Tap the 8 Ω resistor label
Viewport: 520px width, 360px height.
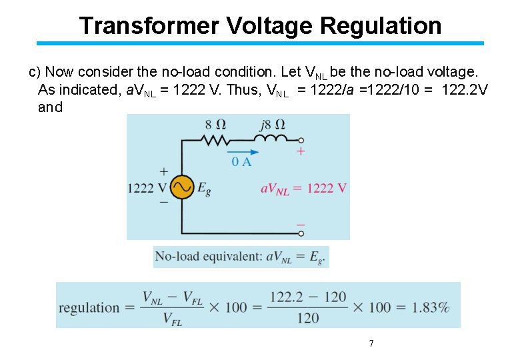tap(215, 125)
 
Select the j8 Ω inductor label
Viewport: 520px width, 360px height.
tap(270, 125)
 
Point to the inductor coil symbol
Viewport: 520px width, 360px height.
tap(270, 139)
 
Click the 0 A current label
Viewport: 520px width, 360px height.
tap(241, 162)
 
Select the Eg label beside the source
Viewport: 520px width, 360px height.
tap(204, 188)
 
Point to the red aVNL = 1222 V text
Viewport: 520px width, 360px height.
tap(303, 189)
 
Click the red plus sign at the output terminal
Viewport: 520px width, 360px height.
tap(301, 152)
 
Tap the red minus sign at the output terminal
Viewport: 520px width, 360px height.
tap(301, 225)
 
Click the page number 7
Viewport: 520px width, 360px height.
tap(371, 343)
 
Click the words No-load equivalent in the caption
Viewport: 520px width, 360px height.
tap(208, 257)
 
